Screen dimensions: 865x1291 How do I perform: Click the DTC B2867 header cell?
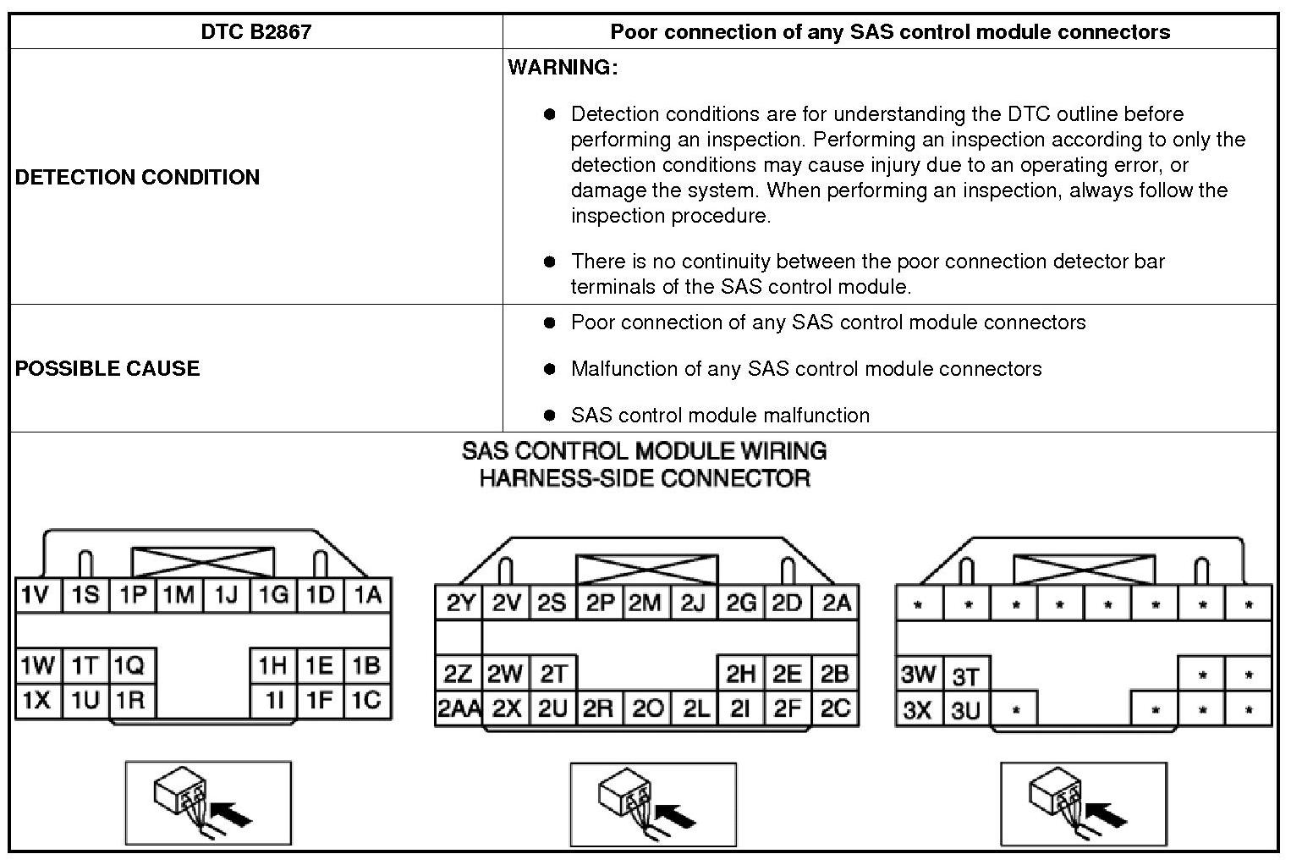coord(255,32)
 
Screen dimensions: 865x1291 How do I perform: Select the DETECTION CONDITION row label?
coord(137,177)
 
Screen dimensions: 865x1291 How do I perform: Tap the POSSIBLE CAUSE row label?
coord(107,368)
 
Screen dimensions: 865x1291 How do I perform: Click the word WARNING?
coord(563,68)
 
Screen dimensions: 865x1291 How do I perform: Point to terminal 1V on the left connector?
coord(36,596)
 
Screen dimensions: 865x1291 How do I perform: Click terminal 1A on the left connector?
coord(367,596)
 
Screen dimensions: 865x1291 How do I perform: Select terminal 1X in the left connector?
coord(36,701)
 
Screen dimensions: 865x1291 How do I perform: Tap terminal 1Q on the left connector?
coord(129,666)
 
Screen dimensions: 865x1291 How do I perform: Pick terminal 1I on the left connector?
coord(273,701)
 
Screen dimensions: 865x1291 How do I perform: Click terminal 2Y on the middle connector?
coord(459,603)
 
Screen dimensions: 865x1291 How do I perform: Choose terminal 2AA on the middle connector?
coord(458,709)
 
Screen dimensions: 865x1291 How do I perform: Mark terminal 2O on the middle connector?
coord(648,709)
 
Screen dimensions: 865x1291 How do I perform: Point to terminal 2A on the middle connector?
coord(836,603)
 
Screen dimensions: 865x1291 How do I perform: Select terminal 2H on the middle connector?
coord(740,674)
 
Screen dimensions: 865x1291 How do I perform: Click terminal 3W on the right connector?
coord(918,675)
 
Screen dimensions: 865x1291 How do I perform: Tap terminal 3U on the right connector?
coord(964,709)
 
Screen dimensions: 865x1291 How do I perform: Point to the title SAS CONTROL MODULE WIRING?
coord(644,451)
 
